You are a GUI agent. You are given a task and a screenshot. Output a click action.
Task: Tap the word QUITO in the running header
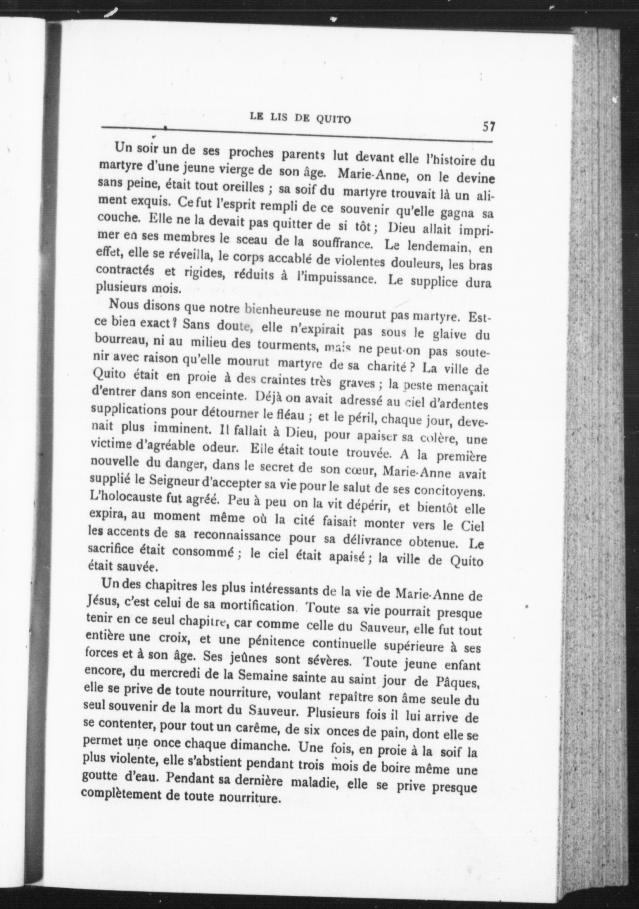[x=333, y=119]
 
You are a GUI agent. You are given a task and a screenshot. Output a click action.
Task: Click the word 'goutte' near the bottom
[x=98, y=776]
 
